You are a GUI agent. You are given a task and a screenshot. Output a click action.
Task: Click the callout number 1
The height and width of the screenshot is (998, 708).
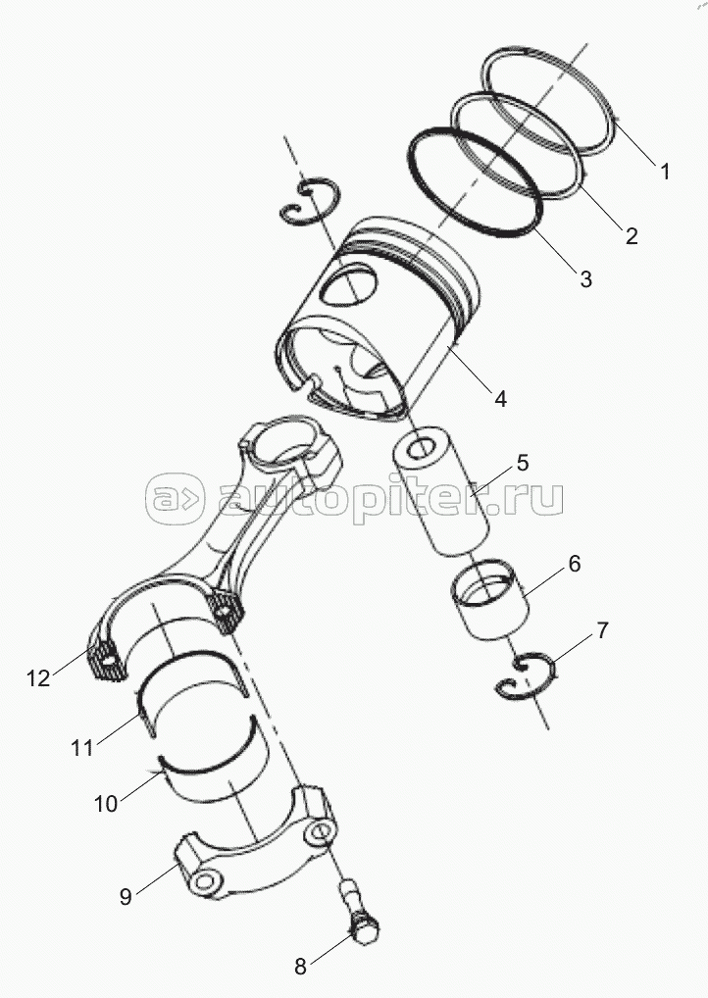click(x=664, y=172)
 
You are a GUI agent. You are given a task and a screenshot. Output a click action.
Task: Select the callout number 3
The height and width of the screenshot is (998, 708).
click(x=585, y=278)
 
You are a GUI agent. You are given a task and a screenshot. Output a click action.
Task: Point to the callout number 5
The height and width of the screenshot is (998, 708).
click(x=522, y=461)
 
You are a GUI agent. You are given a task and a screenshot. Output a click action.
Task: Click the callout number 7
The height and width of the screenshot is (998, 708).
click(x=602, y=630)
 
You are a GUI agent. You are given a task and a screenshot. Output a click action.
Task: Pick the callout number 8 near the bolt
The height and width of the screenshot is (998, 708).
click(x=301, y=966)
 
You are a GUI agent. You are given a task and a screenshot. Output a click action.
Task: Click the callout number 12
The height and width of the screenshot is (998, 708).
click(x=38, y=677)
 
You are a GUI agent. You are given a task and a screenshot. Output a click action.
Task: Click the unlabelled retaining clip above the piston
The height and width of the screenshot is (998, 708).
click(x=311, y=207)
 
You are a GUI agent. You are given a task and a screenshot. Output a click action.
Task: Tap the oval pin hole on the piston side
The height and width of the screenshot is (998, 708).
click(x=350, y=286)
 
